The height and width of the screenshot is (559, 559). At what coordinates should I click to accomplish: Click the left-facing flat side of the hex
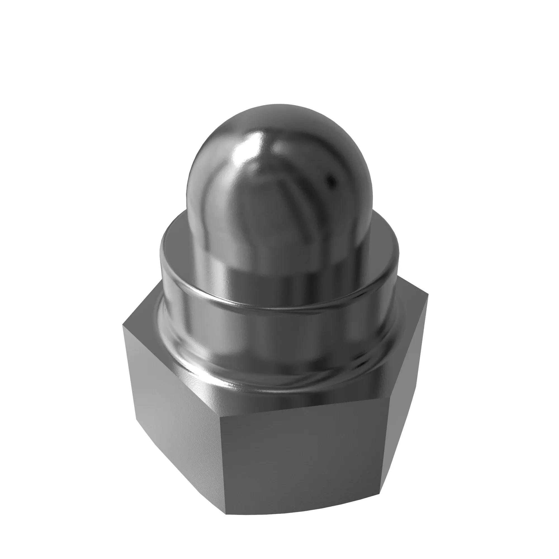174,405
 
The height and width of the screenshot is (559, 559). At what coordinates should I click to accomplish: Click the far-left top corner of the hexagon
123,325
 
